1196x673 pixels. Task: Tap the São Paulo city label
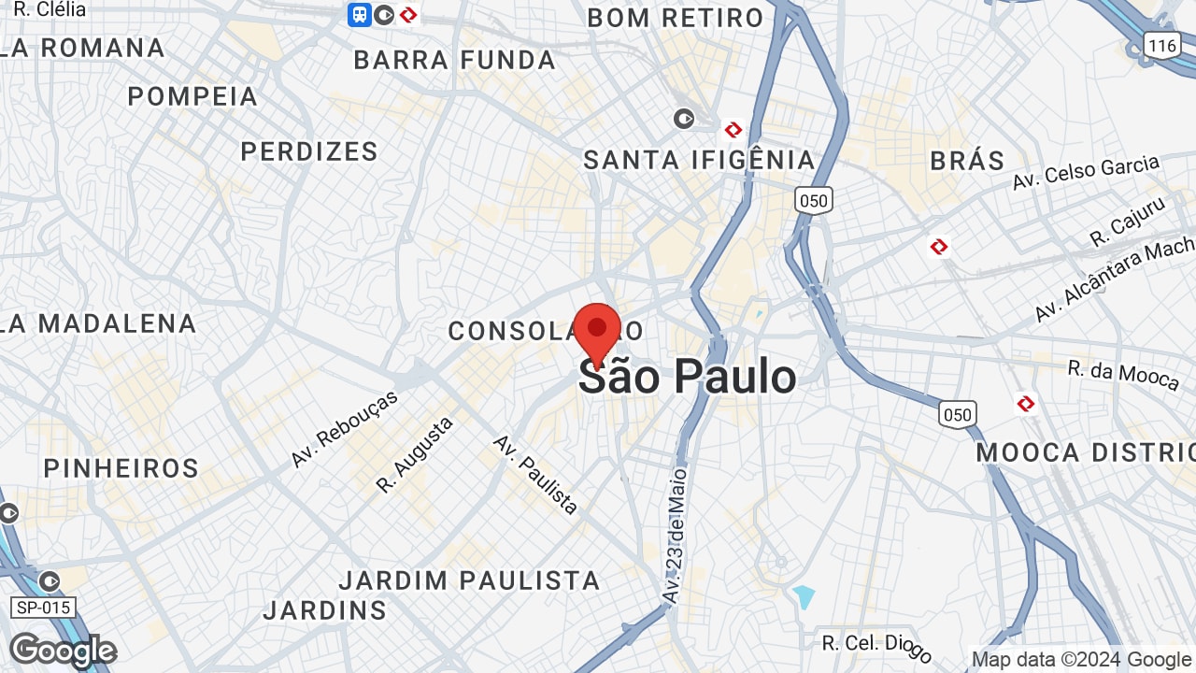point(688,377)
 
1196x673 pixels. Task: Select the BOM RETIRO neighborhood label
point(676,18)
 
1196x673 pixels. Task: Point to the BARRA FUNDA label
point(455,61)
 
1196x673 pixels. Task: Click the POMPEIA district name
point(192,96)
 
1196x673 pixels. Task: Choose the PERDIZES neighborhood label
point(309,151)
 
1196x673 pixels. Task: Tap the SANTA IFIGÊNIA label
point(700,160)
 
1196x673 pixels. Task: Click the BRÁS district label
point(967,161)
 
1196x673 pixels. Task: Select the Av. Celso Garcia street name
point(1086,173)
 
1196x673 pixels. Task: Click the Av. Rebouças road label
point(344,429)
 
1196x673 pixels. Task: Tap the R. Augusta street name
point(415,454)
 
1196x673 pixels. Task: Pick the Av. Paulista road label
point(536,474)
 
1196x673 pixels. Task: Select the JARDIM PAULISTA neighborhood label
point(469,580)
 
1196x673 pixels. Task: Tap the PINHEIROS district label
point(121,468)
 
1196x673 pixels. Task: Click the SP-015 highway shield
point(44,608)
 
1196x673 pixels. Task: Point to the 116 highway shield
point(1162,45)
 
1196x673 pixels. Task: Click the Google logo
point(63,651)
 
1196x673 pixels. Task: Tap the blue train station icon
point(360,14)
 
